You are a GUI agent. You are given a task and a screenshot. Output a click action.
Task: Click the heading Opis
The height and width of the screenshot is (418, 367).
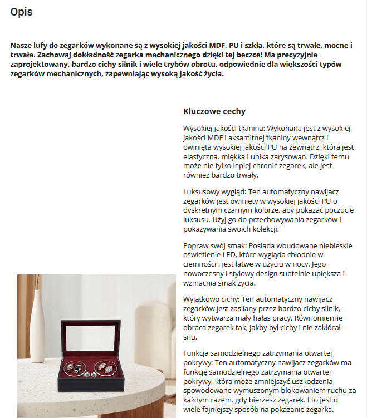[x=21, y=12]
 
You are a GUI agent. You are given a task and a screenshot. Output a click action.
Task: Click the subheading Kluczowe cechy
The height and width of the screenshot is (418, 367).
[x=214, y=111]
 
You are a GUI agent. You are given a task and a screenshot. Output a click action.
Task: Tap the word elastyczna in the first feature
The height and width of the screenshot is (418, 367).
[x=202, y=157]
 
